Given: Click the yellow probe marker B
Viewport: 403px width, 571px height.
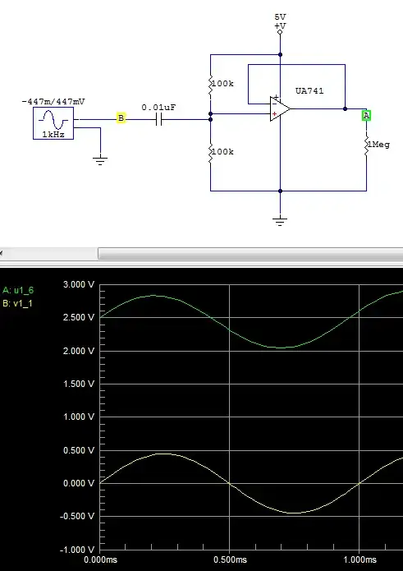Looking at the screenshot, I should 121,119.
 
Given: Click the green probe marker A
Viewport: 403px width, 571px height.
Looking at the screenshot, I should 367,115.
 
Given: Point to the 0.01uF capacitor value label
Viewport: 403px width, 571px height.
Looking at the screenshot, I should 158,107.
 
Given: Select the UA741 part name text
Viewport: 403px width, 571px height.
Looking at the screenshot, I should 309,91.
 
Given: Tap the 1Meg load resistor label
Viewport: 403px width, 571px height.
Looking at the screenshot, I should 378,145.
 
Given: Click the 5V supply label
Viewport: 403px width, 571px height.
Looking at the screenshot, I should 281,16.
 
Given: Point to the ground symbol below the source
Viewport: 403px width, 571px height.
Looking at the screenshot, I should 100,160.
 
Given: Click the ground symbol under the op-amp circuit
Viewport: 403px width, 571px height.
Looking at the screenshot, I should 281,220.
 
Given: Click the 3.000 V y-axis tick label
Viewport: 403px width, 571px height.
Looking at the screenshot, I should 80,284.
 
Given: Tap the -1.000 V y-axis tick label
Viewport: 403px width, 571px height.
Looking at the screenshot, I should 78,549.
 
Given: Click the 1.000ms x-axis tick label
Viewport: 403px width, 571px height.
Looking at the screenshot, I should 359,561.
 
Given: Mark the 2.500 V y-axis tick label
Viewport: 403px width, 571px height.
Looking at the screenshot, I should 80,318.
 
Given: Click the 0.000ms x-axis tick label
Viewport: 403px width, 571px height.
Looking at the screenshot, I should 99,561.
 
